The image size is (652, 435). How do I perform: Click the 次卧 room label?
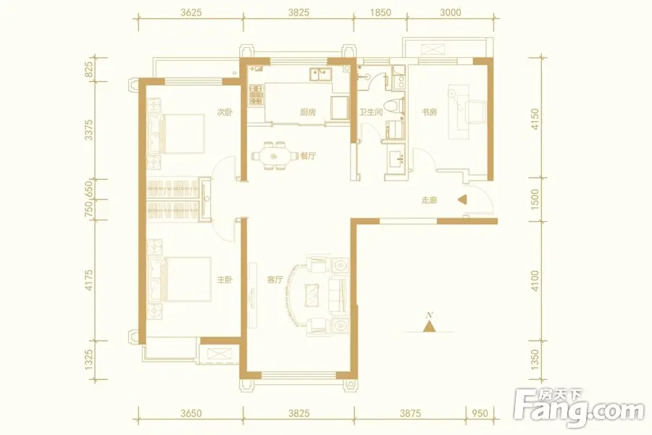(x=225, y=112)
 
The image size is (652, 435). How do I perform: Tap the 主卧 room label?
(x=225, y=280)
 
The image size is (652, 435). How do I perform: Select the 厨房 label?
(x=308, y=112)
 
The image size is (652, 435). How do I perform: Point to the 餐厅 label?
(x=308, y=156)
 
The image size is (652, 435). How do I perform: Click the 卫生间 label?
(x=370, y=112)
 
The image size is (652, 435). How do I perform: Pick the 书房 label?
(x=429, y=112)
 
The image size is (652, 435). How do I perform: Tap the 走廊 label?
(x=429, y=200)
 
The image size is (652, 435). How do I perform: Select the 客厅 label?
(x=275, y=280)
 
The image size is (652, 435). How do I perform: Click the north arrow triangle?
(x=429, y=327)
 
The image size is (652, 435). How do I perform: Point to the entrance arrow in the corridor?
(x=461, y=200)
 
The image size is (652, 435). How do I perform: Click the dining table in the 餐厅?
(x=274, y=156)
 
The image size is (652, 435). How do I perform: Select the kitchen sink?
(x=319, y=75)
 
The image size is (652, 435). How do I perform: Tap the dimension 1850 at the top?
(x=380, y=12)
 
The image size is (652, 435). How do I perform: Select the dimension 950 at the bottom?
(x=480, y=413)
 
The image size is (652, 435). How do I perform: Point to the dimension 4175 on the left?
(x=88, y=280)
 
